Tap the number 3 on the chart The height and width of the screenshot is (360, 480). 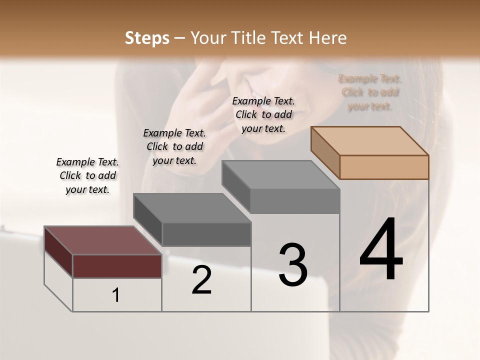[x=293, y=265]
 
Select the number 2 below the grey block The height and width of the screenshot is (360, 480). [x=201, y=280]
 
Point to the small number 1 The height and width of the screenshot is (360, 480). [x=116, y=295]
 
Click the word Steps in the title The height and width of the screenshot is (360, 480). [x=147, y=38]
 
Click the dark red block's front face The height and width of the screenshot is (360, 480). [x=117, y=266]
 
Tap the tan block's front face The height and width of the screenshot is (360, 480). [x=384, y=167]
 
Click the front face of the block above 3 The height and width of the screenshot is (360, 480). [x=295, y=201]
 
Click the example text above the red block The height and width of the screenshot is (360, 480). [x=87, y=175]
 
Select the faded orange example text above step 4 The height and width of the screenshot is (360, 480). [x=370, y=92]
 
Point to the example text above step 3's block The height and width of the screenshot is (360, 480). [x=263, y=114]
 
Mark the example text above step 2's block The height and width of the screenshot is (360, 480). [x=174, y=146]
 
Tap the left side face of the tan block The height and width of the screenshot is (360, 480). [x=325, y=153]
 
